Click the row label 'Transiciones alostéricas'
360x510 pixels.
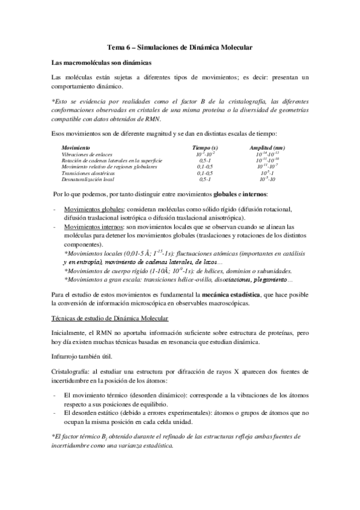(90, 173)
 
